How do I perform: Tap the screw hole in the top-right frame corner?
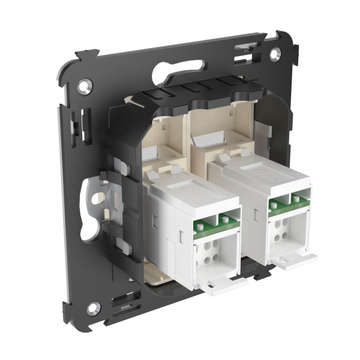pyautogui.click(x=274, y=53)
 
